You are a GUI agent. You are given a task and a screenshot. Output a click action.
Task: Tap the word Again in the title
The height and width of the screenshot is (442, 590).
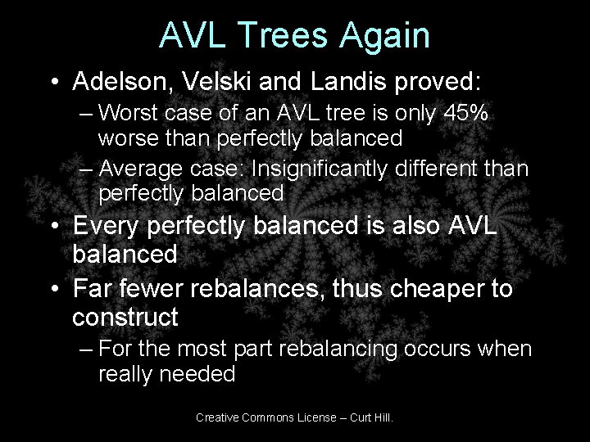point(388,35)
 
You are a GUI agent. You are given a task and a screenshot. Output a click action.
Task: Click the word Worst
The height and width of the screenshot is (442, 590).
point(132,115)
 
